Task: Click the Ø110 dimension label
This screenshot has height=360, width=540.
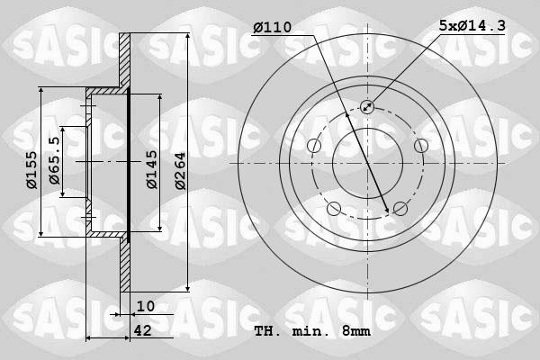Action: pos(273,28)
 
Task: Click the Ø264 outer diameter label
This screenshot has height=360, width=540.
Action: pos(181,169)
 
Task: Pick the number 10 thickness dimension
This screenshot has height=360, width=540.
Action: pos(146,306)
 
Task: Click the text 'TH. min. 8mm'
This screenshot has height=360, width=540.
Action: pos(311,331)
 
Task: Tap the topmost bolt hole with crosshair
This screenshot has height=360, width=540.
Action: pos(367,107)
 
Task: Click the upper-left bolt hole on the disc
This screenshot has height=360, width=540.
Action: pos(314,146)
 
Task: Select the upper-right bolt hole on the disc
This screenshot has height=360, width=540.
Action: pos(420,146)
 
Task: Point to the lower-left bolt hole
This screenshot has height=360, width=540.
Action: pos(334,209)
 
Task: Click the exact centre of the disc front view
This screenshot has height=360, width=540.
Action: pos(367,163)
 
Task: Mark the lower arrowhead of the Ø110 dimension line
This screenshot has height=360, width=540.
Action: pos(389,211)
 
